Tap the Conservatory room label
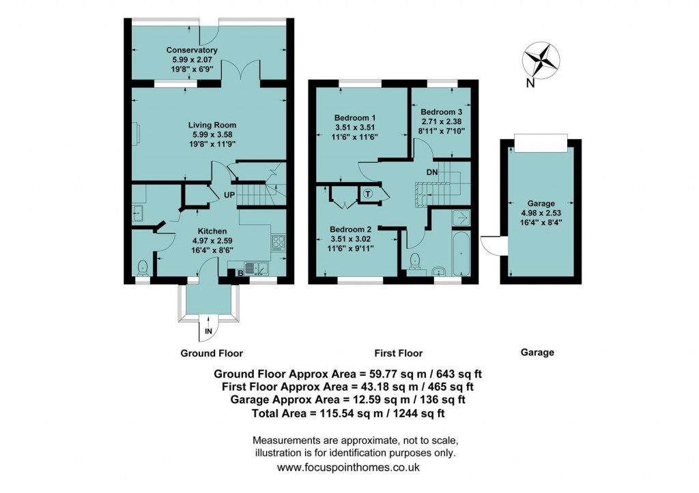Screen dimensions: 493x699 click(x=192, y=50)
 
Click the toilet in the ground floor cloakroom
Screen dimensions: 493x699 click(x=143, y=265)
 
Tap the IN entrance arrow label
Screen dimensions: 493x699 click(x=208, y=332)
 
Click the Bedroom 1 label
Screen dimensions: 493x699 click(x=356, y=117)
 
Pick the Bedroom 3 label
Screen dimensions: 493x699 click(x=442, y=112)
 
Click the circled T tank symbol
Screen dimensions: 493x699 click(x=369, y=194)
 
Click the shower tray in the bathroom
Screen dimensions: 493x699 click(x=461, y=218)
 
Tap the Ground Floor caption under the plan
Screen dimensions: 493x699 click(x=211, y=353)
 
